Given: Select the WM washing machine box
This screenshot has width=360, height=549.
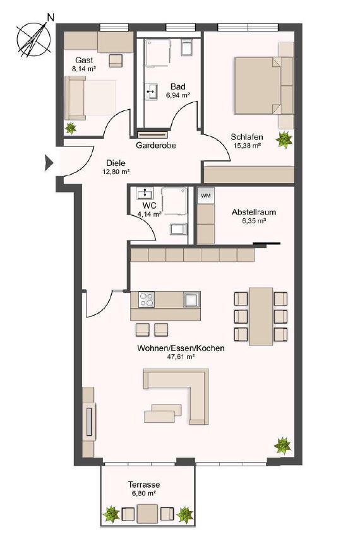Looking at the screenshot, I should [205, 196].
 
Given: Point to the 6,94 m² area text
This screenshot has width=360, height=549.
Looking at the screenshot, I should [177, 95].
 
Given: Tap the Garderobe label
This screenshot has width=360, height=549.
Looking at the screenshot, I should [155, 145].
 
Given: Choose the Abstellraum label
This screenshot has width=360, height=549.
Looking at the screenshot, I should [254, 213].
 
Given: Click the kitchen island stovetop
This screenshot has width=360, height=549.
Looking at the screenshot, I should [147, 298].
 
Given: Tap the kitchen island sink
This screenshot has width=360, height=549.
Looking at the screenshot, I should [191, 299].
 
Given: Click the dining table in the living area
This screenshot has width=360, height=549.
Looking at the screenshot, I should [260, 316].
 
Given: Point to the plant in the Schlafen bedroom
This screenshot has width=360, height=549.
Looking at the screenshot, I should [285, 138].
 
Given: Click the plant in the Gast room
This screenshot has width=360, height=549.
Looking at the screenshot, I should [71, 127].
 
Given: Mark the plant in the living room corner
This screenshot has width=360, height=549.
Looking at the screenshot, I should [282, 445].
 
